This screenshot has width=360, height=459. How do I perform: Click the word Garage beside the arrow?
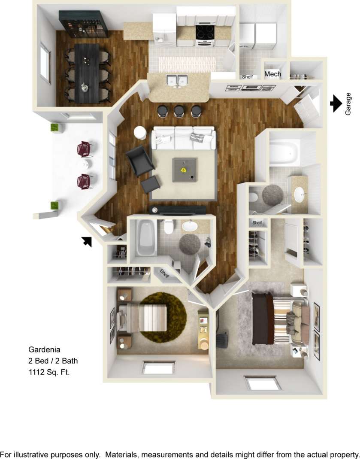point(348,103)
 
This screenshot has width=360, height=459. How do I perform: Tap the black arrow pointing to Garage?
point(336,103)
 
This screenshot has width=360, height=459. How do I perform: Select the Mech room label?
point(272,74)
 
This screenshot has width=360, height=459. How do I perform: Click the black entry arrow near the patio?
point(87,242)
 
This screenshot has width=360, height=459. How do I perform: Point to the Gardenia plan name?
point(44,349)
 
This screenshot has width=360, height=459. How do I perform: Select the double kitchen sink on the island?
point(177,80)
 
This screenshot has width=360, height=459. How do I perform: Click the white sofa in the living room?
point(183,137)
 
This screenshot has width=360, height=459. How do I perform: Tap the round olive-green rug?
point(164,314)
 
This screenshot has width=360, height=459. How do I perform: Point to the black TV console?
point(177,210)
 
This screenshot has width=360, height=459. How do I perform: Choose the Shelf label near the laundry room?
point(248,77)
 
